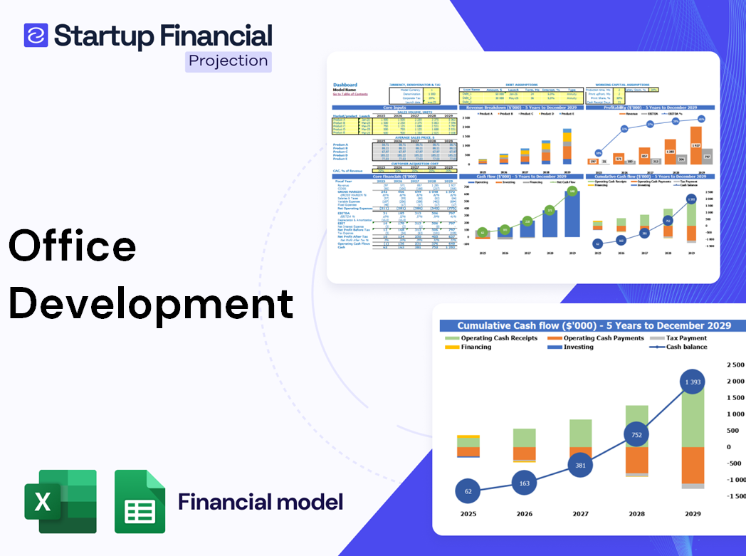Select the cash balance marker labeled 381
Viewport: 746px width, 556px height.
[580, 465]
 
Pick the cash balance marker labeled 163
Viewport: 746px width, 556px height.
[524, 483]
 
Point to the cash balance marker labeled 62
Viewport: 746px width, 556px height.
[468, 491]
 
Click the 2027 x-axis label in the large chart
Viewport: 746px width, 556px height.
[580, 514]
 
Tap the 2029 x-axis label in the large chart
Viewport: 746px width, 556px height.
[692, 514]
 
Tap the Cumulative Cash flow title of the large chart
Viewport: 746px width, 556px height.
[594, 325]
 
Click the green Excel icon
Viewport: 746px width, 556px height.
[60, 501]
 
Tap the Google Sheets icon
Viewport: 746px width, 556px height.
[140, 501]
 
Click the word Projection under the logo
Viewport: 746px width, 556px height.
[228, 61]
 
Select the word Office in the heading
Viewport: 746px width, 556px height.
[72, 246]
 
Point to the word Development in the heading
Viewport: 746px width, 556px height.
[151, 303]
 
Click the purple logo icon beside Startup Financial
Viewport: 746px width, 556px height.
[36, 35]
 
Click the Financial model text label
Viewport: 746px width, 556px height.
[261, 502]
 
